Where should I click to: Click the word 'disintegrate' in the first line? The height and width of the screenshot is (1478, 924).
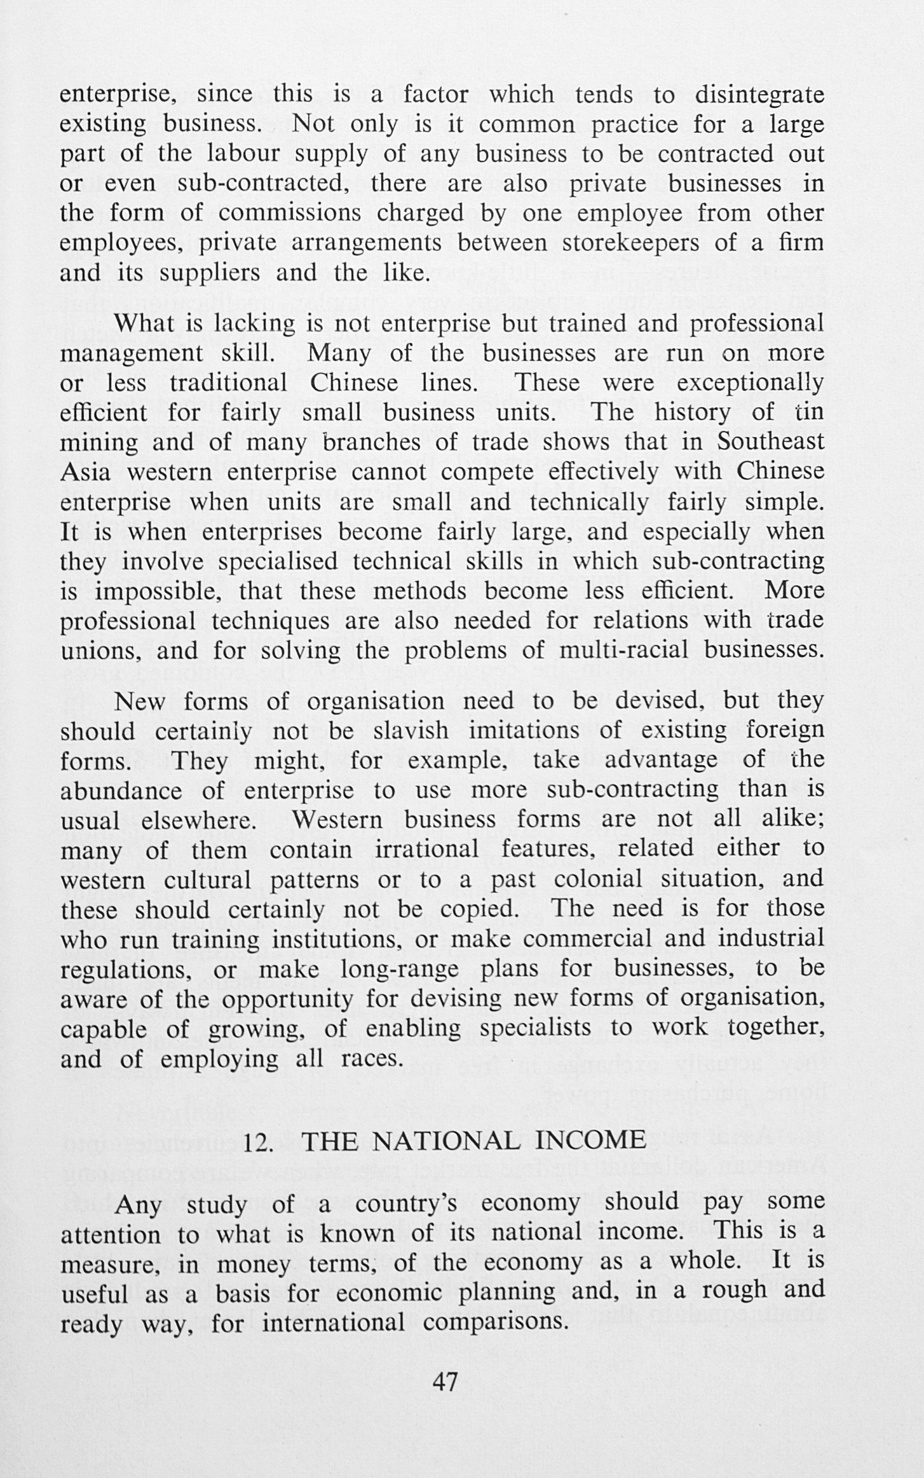759,95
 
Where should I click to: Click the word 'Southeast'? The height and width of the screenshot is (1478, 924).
771,442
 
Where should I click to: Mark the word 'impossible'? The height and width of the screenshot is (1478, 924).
159,592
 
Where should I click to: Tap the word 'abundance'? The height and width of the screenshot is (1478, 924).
121,790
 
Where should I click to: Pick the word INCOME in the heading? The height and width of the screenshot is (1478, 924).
591,1142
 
